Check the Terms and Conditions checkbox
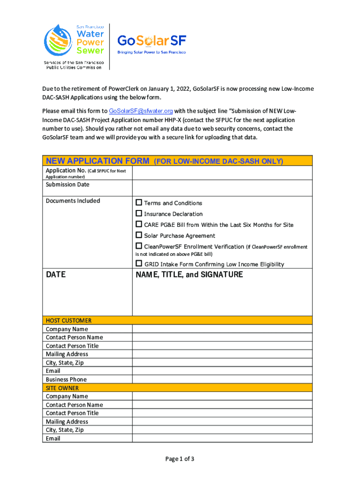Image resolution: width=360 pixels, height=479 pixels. click(139, 203)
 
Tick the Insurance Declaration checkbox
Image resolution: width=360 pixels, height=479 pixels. click(139, 213)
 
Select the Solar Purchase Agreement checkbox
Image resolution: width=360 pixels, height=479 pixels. click(139, 235)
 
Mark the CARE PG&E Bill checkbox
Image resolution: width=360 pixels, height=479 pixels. click(139, 224)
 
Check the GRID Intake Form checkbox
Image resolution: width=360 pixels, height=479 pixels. click(139, 263)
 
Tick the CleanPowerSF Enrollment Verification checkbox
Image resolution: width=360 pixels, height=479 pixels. click(139, 246)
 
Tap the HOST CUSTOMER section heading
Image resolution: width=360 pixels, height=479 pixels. click(69, 320)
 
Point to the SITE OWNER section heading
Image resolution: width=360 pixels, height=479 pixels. click(62, 388)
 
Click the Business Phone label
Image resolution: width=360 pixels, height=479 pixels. click(66, 379)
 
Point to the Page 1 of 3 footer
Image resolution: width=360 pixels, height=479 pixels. click(180, 459)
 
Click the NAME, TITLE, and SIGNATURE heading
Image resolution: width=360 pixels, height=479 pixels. click(189, 275)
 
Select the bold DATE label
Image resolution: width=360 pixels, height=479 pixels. click(56, 275)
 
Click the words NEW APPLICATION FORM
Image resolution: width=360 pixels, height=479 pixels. click(98, 161)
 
